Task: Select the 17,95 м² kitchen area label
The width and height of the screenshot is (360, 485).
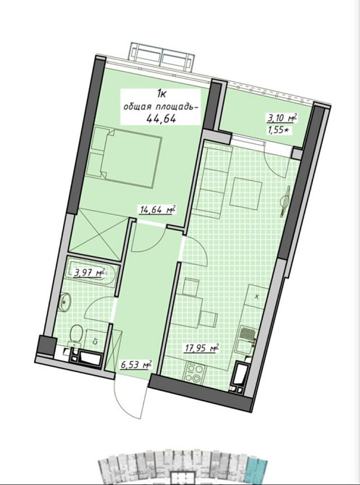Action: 202,348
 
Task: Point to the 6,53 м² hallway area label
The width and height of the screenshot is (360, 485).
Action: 136,365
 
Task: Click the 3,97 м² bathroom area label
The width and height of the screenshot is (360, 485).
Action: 90,273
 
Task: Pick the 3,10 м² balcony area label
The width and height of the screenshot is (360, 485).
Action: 282,118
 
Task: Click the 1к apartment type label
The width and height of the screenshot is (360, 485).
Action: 162,93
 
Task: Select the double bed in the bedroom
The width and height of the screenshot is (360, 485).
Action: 124,156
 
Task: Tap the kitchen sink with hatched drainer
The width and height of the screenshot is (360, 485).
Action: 247,341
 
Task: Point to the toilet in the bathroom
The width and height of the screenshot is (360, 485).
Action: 75,336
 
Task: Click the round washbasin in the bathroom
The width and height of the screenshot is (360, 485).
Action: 64,300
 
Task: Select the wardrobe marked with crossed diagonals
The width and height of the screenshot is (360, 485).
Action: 98,233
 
